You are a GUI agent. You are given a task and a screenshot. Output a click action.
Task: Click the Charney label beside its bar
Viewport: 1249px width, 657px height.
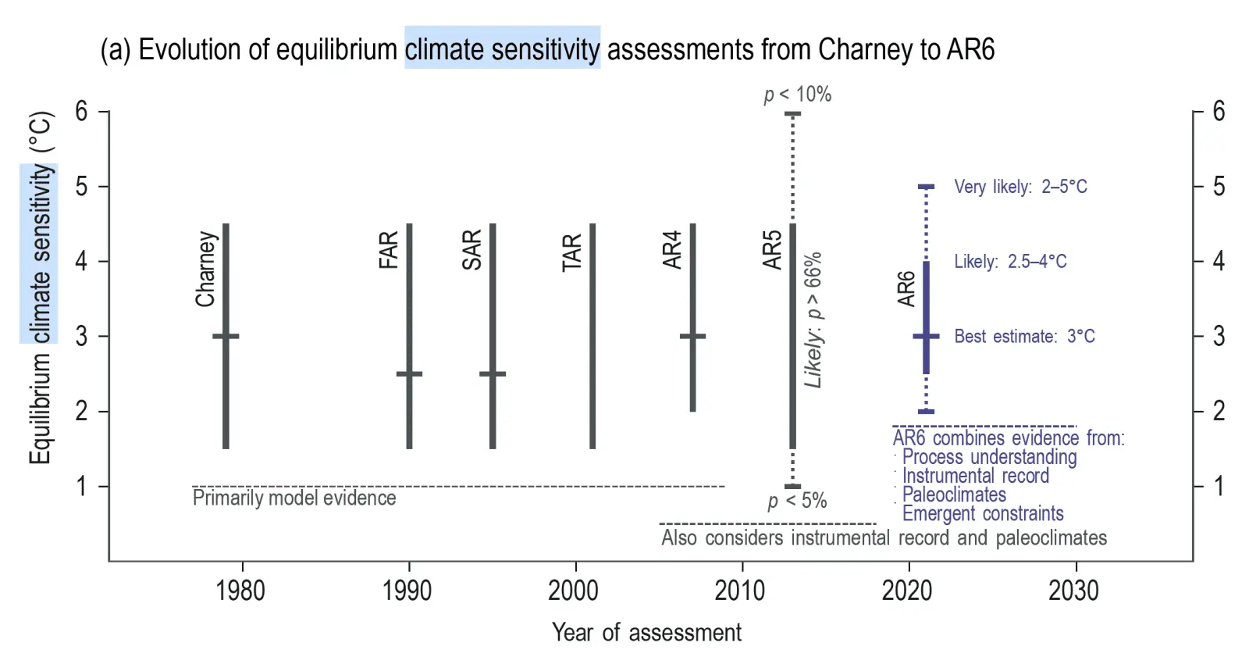[205, 269]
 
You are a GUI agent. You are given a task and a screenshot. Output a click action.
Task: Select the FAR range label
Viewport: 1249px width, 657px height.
[389, 250]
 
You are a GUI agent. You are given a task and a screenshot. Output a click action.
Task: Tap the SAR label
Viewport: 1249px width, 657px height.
[471, 250]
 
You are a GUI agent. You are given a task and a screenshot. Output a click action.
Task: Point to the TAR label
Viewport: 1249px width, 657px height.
[572, 252]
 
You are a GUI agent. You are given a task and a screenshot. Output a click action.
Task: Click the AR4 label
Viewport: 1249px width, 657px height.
[672, 250]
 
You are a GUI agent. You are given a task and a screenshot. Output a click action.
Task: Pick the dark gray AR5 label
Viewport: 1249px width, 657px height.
[772, 250]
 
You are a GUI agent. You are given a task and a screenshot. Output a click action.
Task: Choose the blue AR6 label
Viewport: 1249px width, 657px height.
[906, 289]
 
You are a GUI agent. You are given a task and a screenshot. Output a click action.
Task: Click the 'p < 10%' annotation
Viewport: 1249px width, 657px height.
[797, 95]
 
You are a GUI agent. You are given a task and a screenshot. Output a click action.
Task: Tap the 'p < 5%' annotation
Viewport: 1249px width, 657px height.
[797, 501]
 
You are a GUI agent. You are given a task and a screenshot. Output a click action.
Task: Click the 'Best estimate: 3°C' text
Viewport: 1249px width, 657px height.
[1024, 337]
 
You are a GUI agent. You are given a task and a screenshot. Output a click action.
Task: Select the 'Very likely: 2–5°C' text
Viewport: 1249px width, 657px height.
[1020, 187]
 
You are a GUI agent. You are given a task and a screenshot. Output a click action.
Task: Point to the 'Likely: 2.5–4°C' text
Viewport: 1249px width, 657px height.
[1010, 262]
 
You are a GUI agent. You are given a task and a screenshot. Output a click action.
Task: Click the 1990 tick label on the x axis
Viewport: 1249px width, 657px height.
[407, 591]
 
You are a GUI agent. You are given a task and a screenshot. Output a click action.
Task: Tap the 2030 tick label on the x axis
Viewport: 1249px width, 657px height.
[1073, 591]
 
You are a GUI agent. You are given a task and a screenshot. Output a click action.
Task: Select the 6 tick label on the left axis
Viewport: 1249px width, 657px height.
[82, 111]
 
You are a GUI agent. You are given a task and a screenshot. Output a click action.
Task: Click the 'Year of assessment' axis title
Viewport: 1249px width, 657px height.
[646, 632]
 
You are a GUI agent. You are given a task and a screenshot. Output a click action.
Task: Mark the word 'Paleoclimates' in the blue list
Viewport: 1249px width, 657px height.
[954, 495]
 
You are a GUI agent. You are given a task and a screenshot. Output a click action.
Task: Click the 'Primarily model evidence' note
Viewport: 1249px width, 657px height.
[294, 498]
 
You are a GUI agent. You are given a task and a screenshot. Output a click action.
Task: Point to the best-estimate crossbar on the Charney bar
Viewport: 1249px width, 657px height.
[226, 337]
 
